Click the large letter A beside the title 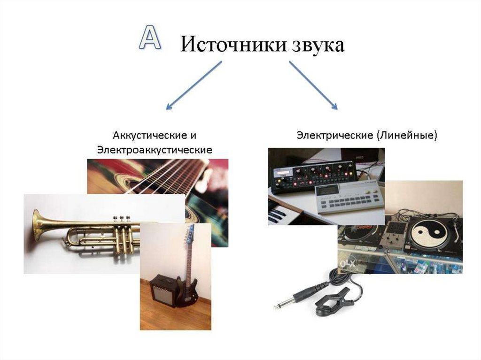click(x=150, y=37)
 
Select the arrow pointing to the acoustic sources click(x=193, y=85)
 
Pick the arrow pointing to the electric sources click(x=313, y=85)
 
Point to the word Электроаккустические click(x=155, y=150)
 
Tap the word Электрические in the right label click(x=334, y=135)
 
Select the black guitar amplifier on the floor click(x=163, y=291)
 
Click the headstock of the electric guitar click(x=190, y=232)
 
